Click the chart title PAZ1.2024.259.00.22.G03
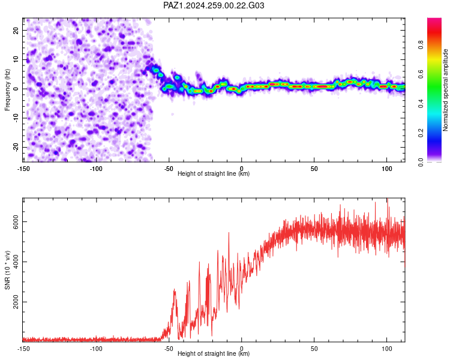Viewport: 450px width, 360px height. coord(214,5)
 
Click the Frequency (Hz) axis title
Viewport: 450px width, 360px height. coord(7,90)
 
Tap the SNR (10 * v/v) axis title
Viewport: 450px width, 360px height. coord(7,270)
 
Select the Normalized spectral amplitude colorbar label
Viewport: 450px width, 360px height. coord(445,90)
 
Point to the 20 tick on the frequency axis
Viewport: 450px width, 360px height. coord(16,30)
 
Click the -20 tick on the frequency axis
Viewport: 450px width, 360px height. coord(16,147)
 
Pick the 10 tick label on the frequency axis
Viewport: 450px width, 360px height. coord(16,59)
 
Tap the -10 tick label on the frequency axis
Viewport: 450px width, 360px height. coord(16,118)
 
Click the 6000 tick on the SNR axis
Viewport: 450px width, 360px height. coord(16,221)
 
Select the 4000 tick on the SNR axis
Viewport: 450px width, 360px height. coord(16,262)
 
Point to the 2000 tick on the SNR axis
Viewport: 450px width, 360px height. coord(16,302)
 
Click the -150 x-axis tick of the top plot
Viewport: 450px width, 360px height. coord(23,169)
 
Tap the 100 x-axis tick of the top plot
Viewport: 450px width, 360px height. coord(387,169)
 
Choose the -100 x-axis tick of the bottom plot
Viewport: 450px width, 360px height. coord(96,349)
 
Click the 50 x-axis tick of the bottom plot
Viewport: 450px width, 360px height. coord(314,349)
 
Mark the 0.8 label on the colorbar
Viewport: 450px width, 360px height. coord(421,45)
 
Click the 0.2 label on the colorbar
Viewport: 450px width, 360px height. coord(421,133)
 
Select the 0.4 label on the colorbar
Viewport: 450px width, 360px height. coord(421,104)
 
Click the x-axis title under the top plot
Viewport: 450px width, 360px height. coord(214,173)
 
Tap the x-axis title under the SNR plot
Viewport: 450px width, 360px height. coord(214,353)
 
